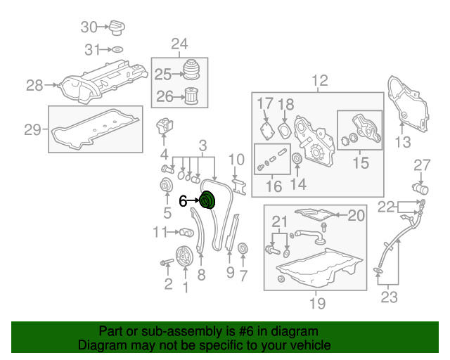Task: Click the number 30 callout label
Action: tap(89, 27)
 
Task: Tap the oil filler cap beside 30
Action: tap(117, 29)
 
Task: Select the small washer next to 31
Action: tap(118, 50)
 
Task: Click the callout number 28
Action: tap(34, 86)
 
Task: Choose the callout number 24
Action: tap(179, 44)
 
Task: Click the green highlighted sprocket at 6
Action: tap(208, 201)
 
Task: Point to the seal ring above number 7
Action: tap(243, 249)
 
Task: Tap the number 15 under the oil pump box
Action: tap(360, 164)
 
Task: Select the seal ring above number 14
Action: tap(297, 159)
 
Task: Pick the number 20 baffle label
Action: tap(357, 215)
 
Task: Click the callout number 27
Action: tap(421, 165)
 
